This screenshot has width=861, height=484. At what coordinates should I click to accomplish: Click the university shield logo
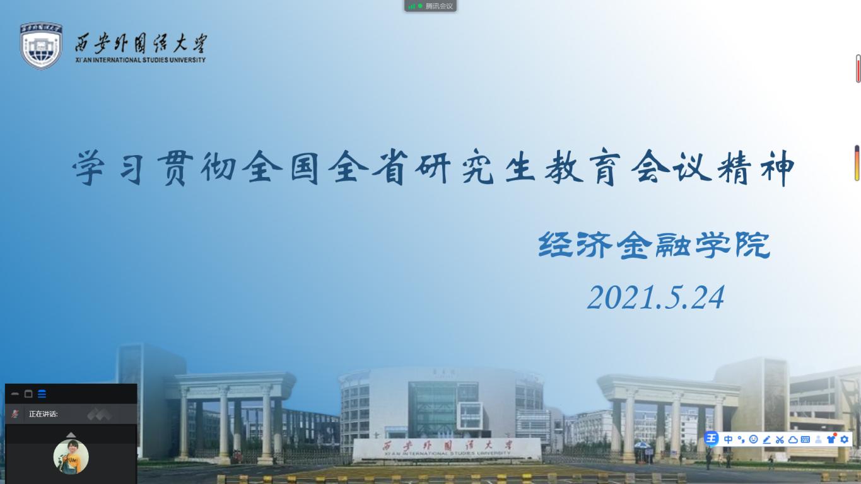41,45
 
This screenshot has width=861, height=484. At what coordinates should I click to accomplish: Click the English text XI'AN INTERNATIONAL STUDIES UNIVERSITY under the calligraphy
141,60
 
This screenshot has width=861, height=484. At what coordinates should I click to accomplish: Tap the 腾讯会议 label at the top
440,6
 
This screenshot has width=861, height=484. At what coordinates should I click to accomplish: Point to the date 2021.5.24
656,297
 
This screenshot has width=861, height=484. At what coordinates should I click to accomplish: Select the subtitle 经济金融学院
654,245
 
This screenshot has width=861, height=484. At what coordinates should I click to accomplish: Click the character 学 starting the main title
89,168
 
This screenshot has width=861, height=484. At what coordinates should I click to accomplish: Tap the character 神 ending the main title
778,168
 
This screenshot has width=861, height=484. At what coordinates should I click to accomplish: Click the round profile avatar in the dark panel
71,457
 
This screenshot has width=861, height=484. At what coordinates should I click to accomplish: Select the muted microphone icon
15,413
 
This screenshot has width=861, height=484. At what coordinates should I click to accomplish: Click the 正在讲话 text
44,413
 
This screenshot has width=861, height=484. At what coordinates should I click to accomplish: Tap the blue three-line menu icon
42,394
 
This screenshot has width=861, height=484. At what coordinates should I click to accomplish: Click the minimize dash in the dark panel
15,394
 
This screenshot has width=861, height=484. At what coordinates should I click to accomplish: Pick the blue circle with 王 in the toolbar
711,438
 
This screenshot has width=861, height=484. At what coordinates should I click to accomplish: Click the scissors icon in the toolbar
780,439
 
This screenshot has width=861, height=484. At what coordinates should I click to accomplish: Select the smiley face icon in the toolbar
754,439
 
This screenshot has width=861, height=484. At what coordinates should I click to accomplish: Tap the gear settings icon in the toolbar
845,439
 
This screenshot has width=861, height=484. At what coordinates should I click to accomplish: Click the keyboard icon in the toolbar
805,439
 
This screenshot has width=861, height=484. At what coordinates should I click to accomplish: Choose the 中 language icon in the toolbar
728,439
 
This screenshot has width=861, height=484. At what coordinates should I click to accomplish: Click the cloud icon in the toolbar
793,439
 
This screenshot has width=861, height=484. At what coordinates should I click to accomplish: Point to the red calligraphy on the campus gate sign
447,446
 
